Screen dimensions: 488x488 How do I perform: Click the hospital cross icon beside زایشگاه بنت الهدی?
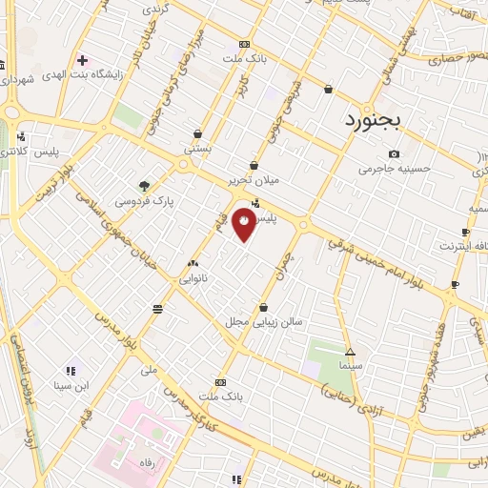pos(83,59)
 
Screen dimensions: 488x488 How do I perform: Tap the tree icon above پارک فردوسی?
pos(144,186)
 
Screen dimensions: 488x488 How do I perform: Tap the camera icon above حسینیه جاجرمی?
pos(395,154)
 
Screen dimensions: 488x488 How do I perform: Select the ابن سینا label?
pos(69,385)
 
